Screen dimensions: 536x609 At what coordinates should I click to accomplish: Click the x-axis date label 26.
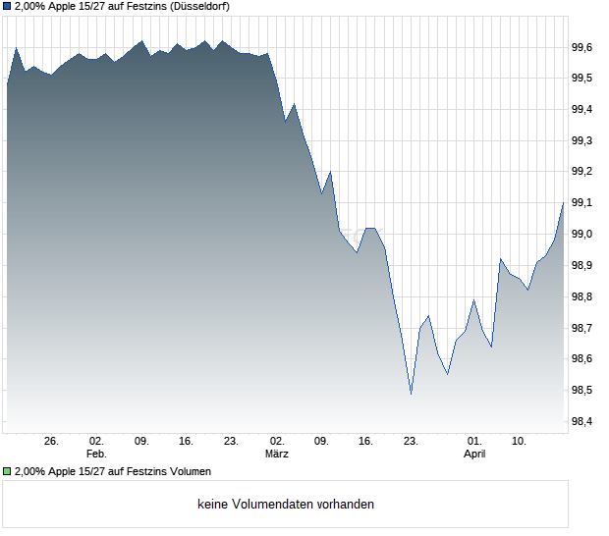click(x=52, y=442)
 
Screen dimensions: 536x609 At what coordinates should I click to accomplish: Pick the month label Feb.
click(x=96, y=455)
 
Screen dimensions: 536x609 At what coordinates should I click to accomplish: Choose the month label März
click(x=277, y=455)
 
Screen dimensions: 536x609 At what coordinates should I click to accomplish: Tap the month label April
click(x=474, y=455)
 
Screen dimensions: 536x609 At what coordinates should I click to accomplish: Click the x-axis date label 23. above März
click(x=232, y=442)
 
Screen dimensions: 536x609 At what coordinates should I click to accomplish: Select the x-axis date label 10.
click(x=520, y=442)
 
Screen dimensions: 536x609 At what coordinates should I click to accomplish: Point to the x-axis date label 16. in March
click(x=366, y=442)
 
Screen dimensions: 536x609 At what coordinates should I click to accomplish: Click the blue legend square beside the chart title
click(x=8, y=7)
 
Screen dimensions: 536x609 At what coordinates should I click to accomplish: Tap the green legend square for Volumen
click(x=8, y=472)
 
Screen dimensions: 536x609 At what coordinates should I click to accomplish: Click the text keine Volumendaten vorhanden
click(x=286, y=505)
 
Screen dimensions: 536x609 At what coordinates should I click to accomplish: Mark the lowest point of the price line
click(x=411, y=395)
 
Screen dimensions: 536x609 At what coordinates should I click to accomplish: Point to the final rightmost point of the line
click(x=563, y=202)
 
